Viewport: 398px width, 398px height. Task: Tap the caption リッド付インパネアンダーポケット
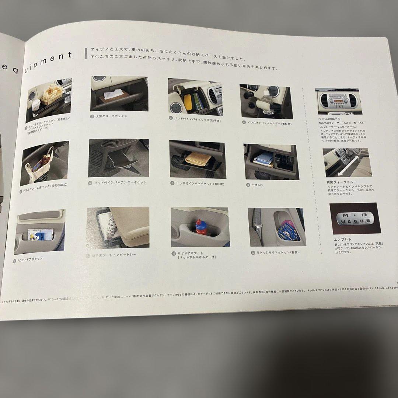120,182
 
